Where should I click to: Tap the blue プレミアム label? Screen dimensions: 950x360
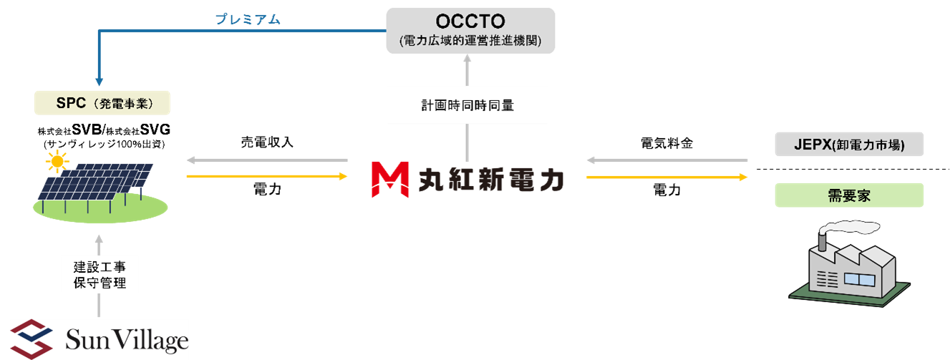[x=248, y=19]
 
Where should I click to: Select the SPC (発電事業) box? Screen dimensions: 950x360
[x=102, y=103]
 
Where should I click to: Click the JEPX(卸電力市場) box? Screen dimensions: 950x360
[x=849, y=145]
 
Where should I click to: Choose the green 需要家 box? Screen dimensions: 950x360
[x=849, y=195]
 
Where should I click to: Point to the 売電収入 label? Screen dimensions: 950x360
[x=266, y=142]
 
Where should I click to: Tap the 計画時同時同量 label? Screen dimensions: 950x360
[x=467, y=105]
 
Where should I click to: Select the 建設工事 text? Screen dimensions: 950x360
[x=100, y=267]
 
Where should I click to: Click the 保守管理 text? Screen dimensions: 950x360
[x=100, y=283]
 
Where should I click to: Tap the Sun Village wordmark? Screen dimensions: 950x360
[x=126, y=339]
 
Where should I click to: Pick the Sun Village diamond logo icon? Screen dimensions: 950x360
[x=32, y=337]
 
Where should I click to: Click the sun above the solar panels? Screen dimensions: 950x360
[x=56, y=164]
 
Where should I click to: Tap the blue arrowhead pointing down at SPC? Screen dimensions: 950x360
[x=99, y=79]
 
